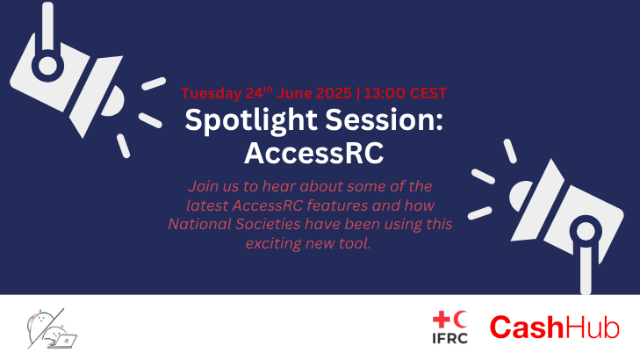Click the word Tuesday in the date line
[212, 93]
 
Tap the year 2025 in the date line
[334, 93]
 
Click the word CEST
[428, 93]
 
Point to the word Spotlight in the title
[251, 121]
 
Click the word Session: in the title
[384, 119]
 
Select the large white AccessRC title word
[314, 153]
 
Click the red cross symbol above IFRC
[442, 320]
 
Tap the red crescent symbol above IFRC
[460, 320]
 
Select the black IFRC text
[449, 338]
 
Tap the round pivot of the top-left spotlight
[47, 66]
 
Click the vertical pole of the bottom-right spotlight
[586, 270]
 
